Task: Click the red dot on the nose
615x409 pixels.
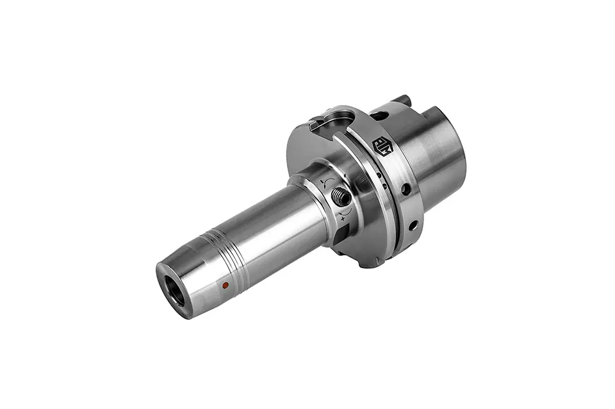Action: pyautogui.click(x=225, y=285)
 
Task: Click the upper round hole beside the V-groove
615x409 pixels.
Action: pyautogui.click(x=406, y=189)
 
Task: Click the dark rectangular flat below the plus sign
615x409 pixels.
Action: pyautogui.click(x=340, y=236)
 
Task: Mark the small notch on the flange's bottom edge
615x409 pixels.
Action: pyautogui.click(x=372, y=262)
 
